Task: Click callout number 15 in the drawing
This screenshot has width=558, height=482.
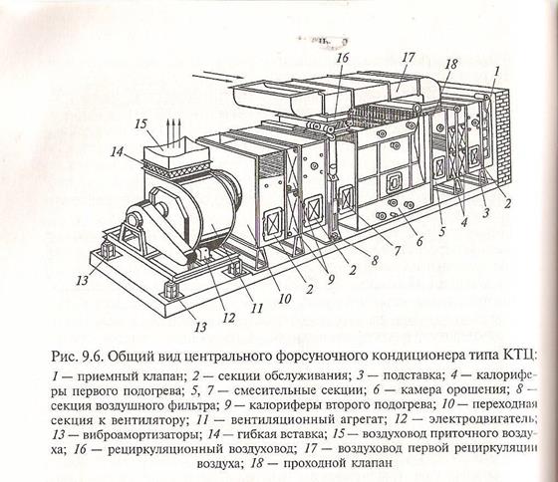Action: click(x=140, y=124)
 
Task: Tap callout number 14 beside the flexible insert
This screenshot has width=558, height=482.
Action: click(x=117, y=152)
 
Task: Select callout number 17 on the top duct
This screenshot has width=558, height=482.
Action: click(x=409, y=58)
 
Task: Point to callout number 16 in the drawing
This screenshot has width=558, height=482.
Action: click(x=344, y=58)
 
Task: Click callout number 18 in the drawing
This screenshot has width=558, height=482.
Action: click(x=450, y=64)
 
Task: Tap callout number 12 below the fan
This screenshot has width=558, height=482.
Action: click(x=229, y=318)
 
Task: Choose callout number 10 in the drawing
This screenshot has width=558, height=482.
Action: click(x=285, y=299)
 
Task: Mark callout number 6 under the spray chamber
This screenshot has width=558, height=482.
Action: click(x=419, y=242)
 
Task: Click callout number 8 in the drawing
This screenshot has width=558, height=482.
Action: click(x=374, y=261)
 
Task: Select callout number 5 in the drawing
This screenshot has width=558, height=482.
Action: click(x=442, y=232)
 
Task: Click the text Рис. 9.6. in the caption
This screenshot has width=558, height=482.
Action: click(x=77, y=357)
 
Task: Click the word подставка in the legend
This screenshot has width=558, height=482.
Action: click(x=414, y=376)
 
